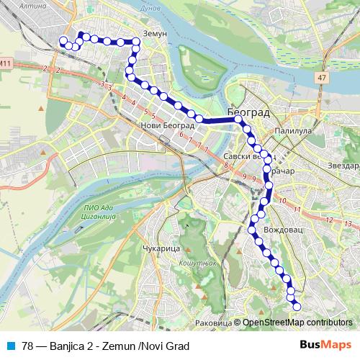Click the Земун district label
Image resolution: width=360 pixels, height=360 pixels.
(x=155, y=34)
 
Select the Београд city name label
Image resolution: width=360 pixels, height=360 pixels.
(x=248, y=112)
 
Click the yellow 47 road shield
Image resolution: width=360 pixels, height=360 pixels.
(x=322, y=76)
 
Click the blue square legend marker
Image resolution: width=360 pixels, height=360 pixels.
(x=8, y=346)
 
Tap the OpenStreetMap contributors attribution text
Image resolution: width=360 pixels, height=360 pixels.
(x=297, y=323)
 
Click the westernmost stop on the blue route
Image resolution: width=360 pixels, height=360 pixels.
(x=63, y=40)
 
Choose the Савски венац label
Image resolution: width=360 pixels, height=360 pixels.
(x=247, y=156)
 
